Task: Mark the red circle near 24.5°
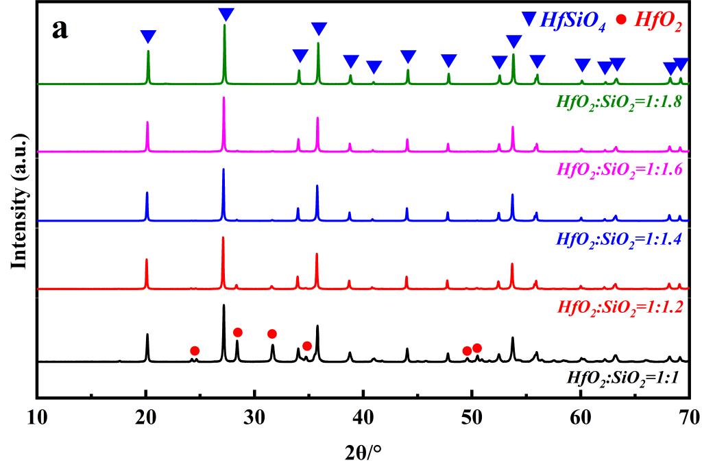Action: pos(195,351)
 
